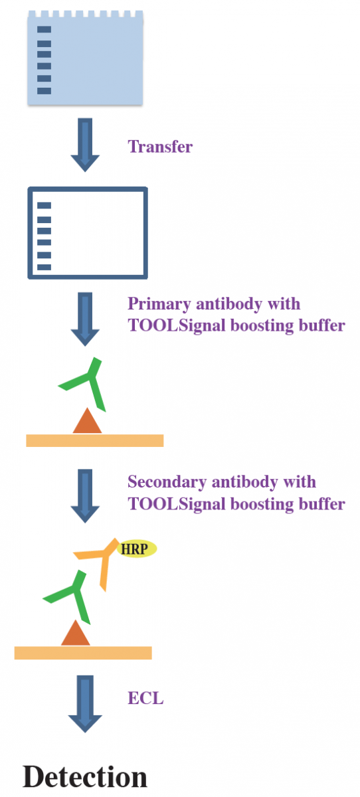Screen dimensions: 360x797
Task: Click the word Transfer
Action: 160,147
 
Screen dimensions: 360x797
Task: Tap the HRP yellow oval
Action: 137,549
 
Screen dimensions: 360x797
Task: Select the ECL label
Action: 145,698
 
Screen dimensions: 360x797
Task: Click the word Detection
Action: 84,776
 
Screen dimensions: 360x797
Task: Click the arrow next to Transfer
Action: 85,145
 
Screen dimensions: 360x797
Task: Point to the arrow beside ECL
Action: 85,704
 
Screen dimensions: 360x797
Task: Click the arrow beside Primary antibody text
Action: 85,319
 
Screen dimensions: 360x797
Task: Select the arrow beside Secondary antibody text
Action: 85,496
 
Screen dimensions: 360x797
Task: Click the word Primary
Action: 159,305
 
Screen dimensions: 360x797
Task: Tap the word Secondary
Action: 167,482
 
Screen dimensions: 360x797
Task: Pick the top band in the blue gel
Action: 44,29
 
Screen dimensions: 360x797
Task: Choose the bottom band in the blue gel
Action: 44,91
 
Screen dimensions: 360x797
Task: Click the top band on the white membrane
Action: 44,205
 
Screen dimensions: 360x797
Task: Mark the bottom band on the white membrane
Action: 44,267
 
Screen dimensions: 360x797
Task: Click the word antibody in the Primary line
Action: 228,304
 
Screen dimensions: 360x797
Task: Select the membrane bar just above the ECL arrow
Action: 83,653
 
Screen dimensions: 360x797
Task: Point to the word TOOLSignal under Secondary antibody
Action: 177,504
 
